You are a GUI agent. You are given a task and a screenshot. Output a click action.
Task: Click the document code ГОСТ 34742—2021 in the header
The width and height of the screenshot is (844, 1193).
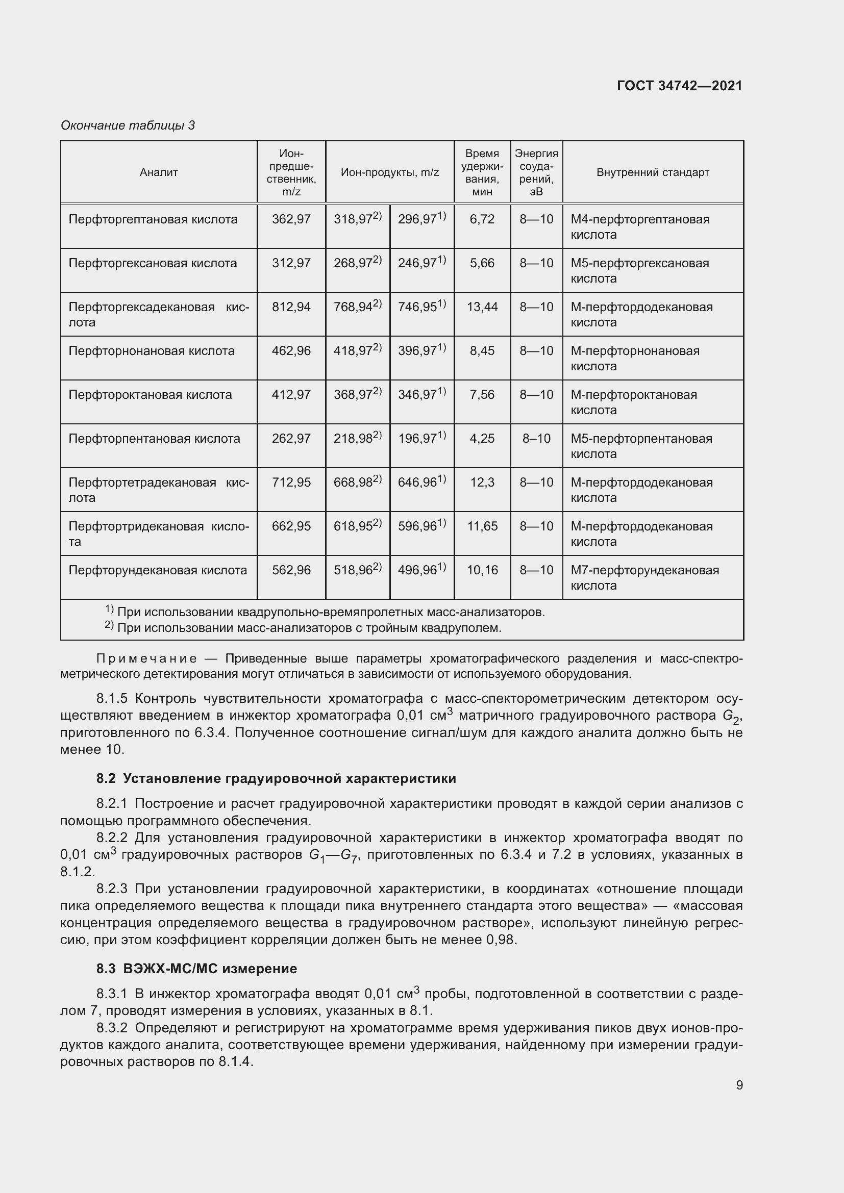click(x=679, y=86)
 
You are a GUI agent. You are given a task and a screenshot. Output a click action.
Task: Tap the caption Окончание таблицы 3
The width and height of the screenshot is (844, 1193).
click(x=128, y=125)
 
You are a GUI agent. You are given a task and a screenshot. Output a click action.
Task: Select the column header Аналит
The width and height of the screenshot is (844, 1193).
click(x=159, y=172)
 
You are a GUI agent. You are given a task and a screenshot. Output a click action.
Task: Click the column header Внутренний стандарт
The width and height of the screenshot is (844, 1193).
click(x=652, y=172)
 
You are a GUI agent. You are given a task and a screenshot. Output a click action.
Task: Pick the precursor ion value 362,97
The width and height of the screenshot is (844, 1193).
click(x=291, y=219)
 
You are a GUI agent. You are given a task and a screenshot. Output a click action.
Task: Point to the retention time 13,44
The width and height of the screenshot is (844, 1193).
click(x=482, y=307)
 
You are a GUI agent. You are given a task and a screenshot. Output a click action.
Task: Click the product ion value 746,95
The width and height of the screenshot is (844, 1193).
click(x=417, y=307)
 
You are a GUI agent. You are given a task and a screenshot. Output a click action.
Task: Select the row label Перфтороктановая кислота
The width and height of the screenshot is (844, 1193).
click(x=150, y=395)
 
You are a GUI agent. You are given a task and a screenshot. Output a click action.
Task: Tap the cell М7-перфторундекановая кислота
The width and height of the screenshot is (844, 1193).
click(x=644, y=577)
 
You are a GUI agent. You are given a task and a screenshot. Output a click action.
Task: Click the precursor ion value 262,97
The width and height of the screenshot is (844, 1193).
click(x=291, y=439)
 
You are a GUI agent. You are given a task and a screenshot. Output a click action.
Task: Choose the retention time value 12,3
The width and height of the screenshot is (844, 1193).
click(x=482, y=483)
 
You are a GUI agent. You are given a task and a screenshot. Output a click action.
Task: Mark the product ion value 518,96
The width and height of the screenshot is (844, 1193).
click(x=354, y=571)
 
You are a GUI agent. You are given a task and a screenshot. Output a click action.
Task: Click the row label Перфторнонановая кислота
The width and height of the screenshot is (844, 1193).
click(x=151, y=351)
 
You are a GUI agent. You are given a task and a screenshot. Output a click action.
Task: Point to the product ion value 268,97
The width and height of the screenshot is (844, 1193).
click(x=354, y=263)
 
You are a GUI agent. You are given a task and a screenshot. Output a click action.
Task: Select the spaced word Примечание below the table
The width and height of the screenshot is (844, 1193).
click(x=146, y=659)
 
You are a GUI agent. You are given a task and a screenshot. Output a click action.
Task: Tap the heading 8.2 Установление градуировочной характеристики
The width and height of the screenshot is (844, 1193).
click(x=276, y=778)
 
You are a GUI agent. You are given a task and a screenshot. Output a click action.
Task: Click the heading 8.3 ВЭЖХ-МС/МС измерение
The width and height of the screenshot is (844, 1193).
click(x=196, y=969)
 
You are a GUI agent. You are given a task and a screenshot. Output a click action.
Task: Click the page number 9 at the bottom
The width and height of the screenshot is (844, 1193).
click(x=739, y=1085)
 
